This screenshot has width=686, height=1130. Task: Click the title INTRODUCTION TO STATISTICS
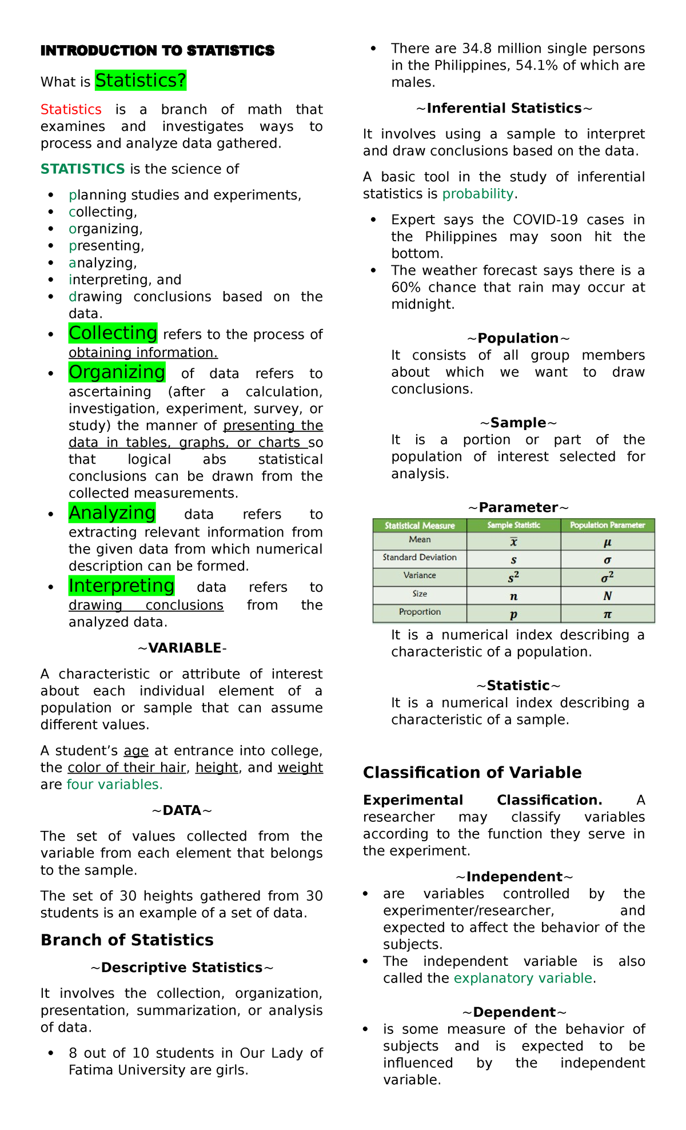[157, 51]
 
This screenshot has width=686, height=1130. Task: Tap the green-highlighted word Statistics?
[141, 81]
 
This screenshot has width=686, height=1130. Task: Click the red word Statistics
[71, 109]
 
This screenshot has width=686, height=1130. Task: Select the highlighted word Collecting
[113, 333]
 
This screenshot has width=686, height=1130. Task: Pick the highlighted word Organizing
[117, 372]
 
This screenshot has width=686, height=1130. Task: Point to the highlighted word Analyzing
[112, 513]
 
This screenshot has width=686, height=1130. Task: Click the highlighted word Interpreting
[121, 586]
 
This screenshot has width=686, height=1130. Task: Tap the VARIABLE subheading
[182, 648]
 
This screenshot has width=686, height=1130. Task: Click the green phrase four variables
[114, 784]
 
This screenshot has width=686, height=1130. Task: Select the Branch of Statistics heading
[127, 940]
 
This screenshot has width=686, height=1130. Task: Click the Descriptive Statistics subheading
[182, 968]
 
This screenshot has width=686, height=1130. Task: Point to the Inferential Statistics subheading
[504, 108]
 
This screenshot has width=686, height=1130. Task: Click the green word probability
[478, 194]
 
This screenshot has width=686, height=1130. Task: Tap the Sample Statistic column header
[513, 525]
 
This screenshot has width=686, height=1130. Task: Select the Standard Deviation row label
[420, 558]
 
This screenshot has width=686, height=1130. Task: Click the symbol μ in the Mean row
[607, 542]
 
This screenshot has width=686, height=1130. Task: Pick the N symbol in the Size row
[607, 596]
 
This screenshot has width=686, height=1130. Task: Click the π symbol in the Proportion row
[607, 614]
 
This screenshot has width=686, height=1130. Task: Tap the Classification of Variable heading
[472, 773]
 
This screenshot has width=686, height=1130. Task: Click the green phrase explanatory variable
[523, 978]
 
